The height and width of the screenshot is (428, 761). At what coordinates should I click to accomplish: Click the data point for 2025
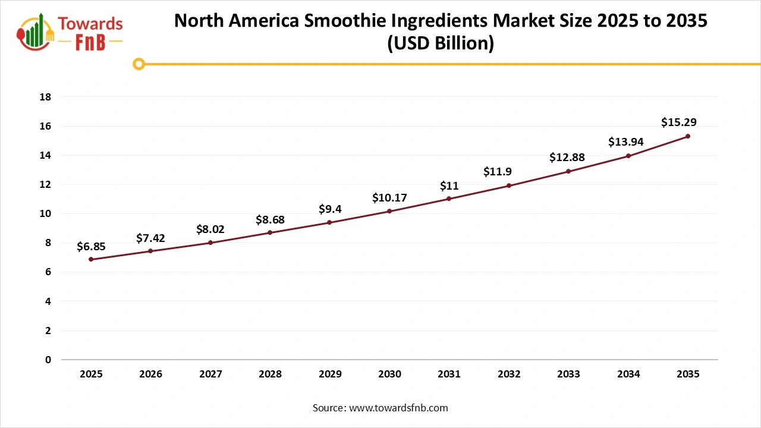91,259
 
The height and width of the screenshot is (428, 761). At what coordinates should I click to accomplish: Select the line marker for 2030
389,211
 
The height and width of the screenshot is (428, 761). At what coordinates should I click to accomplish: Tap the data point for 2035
688,136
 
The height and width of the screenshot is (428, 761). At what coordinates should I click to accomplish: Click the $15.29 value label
678,122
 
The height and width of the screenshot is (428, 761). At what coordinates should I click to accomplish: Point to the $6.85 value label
91,246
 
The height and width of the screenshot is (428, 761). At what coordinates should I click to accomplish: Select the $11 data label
449,185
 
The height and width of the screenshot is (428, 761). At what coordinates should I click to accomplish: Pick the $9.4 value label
329,209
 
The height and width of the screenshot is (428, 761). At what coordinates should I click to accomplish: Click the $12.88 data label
568,158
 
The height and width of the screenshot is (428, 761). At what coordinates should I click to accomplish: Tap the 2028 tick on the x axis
270,374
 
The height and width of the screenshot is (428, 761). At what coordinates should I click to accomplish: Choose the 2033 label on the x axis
568,374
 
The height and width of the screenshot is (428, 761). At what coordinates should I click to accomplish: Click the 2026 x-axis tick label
150,374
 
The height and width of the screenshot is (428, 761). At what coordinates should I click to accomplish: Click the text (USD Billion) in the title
441,44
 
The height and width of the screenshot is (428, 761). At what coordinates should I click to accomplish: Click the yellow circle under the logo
139,64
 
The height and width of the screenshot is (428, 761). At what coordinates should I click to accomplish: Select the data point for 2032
509,185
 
